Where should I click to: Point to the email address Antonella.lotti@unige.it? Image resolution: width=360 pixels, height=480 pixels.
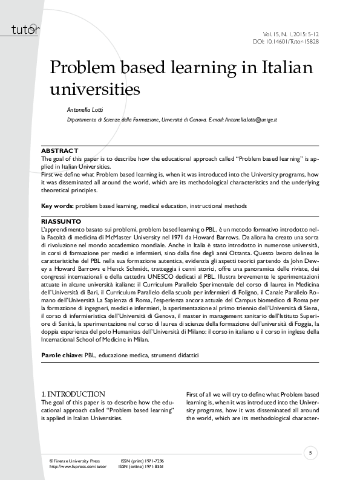point(251,121)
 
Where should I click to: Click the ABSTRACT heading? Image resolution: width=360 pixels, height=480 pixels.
point(59,150)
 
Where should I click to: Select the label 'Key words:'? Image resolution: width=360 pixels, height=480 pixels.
point(57,206)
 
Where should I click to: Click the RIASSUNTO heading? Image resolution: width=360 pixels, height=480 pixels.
point(61,222)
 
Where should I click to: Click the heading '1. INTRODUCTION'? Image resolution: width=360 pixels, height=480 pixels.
point(73,394)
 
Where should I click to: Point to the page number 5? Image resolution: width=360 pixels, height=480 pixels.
point(310,453)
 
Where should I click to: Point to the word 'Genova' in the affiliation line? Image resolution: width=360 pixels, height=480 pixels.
point(196,121)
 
